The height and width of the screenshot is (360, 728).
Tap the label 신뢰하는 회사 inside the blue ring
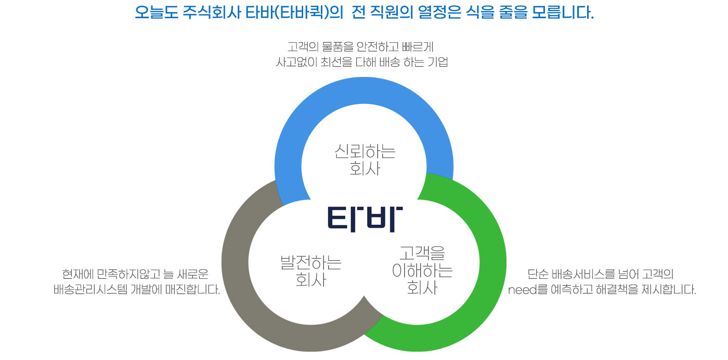[365, 160]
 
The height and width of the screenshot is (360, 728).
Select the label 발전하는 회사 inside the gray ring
[310, 271]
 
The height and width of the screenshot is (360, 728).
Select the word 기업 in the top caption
[439, 63]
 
